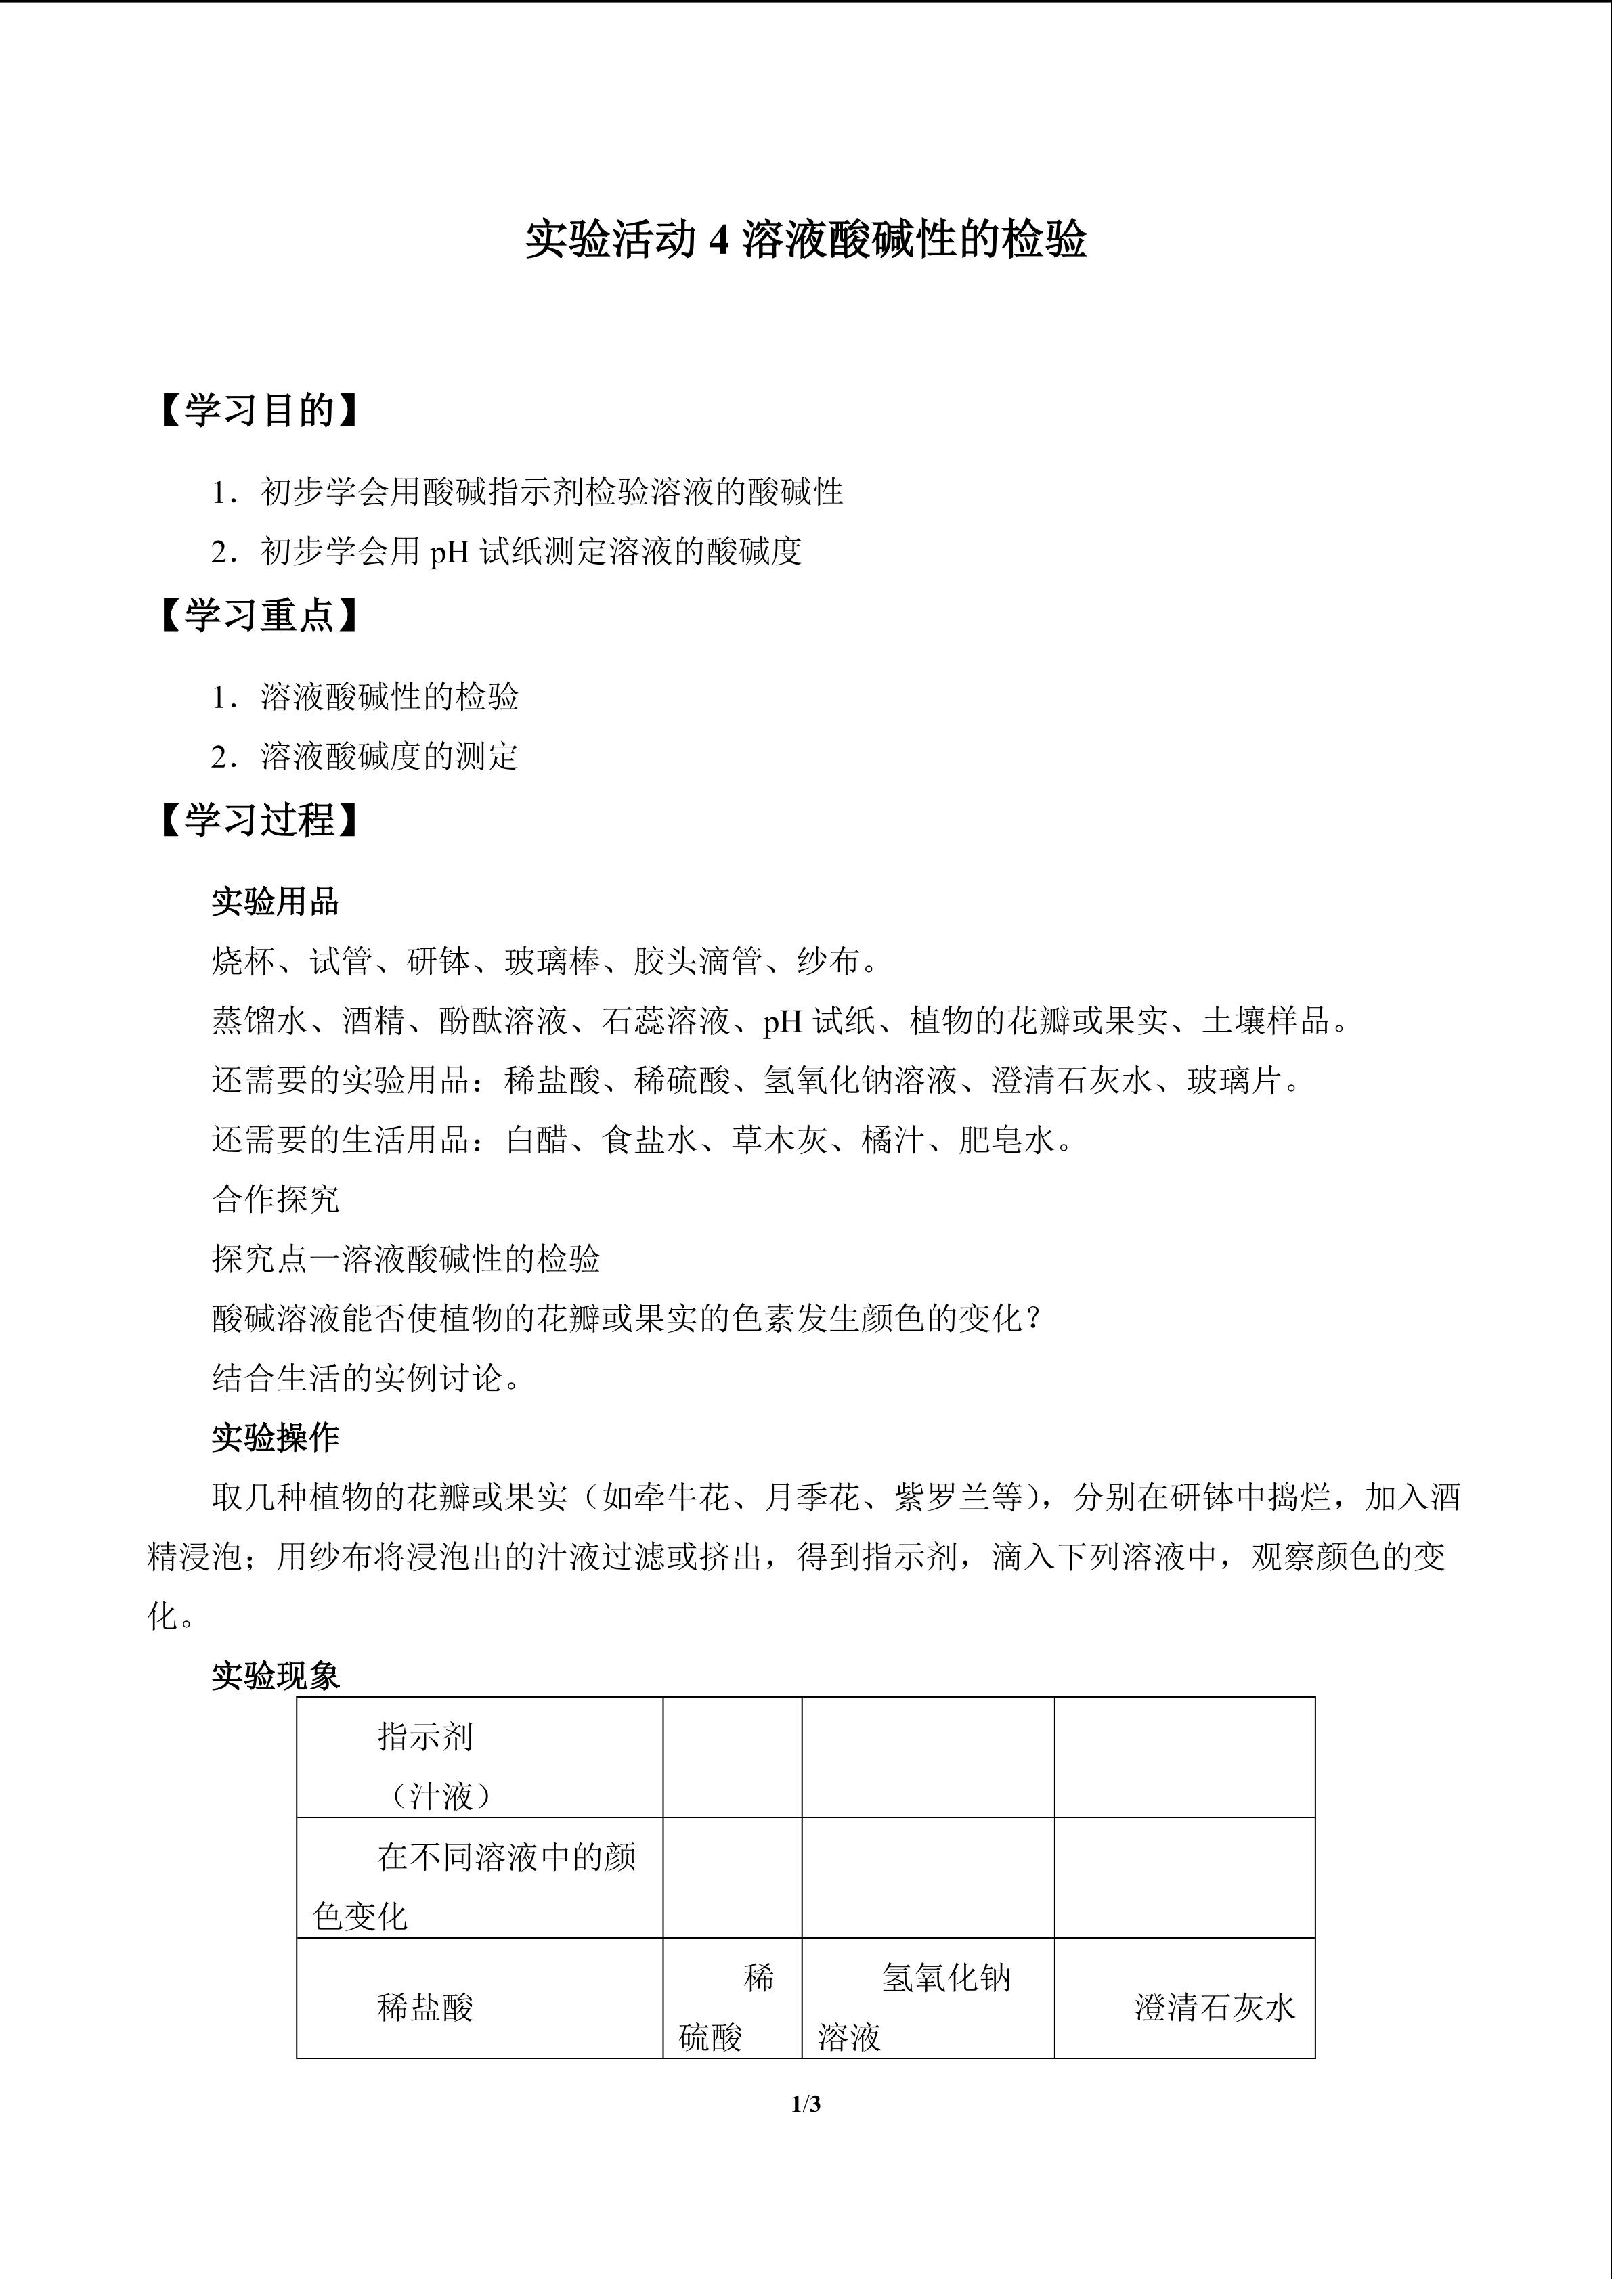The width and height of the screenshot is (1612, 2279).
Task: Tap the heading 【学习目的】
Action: coord(258,410)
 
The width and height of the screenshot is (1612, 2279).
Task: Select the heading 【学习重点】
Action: coord(258,615)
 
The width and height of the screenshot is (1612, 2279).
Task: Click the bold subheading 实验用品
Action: coord(275,902)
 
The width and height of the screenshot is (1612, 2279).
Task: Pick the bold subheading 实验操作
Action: coord(275,1437)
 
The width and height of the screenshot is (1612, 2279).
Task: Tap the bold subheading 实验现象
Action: coord(275,1675)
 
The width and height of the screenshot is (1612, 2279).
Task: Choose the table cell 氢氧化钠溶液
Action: coord(928,2007)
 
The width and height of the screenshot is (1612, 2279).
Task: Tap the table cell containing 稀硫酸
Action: coord(733,2007)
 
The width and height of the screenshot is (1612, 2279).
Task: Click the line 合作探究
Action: coord(275,1199)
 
